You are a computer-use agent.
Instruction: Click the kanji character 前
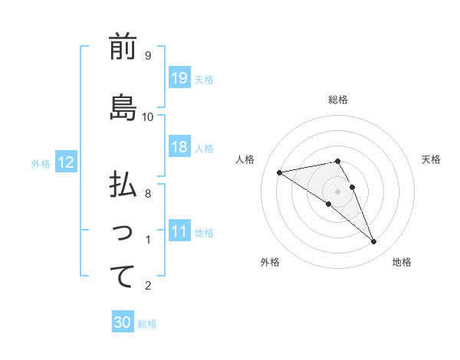pos(123,47)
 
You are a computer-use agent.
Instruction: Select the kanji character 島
pos(123,108)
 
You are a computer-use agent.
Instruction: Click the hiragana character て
pos(123,277)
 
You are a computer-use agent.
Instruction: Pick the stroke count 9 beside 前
pos(147,56)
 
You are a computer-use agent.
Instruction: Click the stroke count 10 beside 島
pos(148,116)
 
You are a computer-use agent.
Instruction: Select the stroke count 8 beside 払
pos(147,194)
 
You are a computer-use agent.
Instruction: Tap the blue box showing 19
pos(179,78)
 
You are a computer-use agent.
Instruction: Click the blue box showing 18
pos(179,148)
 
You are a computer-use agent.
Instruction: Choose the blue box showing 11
pos(179,232)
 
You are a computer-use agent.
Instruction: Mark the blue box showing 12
pos(66,162)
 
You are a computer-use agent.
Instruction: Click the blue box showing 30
pos(123,322)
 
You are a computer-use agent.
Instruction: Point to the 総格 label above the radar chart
pos(338,100)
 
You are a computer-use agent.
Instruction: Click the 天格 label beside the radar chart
pos(431,159)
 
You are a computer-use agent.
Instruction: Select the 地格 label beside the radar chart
pos(402,262)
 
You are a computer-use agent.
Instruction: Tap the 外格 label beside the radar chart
pos(270,262)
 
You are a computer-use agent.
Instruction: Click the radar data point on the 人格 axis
pos(280,172)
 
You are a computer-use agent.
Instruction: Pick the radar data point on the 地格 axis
pos(374,242)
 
